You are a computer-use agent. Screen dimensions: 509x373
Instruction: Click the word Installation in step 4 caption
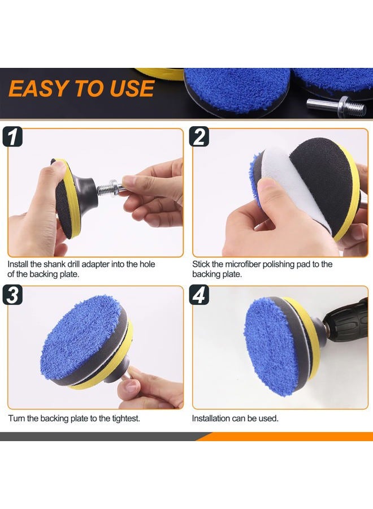click(x=212, y=419)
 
